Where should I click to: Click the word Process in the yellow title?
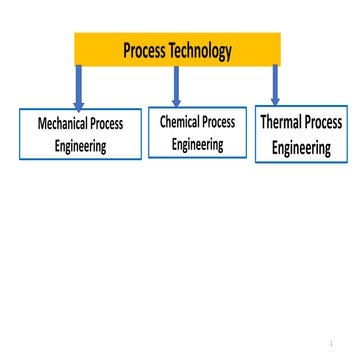coord(145,50)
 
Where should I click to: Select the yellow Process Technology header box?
coord(177,49)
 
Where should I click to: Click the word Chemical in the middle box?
coord(180,122)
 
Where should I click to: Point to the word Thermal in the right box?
coord(283,123)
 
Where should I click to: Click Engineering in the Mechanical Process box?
coord(81,145)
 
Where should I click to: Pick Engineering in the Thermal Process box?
coord(301,147)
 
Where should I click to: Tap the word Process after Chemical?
coord(219,122)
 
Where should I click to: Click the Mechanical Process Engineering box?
coord(80,134)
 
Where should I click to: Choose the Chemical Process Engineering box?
coord(197,132)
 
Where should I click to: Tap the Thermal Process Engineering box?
coord(301,134)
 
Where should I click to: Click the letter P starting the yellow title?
coord(127,50)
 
